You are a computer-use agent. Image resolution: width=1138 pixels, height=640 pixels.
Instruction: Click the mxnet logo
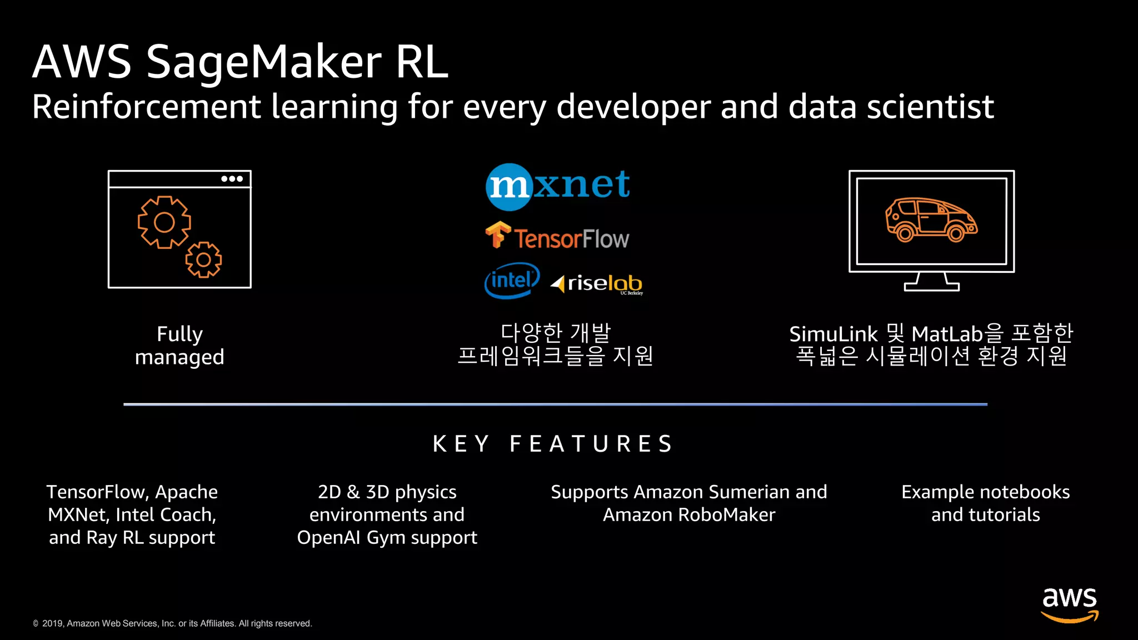[x=558, y=187]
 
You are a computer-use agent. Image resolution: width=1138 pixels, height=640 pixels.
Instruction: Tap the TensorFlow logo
[x=557, y=237]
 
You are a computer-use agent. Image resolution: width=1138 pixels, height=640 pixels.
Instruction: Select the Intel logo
[x=512, y=281]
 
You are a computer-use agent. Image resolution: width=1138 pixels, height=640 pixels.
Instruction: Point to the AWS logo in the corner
[x=1069, y=604]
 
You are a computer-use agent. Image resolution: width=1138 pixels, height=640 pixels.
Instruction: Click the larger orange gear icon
[x=164, y=222]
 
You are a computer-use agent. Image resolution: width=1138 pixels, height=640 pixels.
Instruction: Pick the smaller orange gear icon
[x=203, y=259]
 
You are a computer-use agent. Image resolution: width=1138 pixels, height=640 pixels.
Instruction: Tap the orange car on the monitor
[x=931, y=220]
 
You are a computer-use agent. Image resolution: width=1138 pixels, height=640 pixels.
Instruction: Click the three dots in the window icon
[x=232, y=179]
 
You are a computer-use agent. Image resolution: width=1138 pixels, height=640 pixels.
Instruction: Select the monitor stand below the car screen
[x=931, y=282]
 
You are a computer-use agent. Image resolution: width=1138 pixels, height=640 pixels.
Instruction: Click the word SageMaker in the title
[x=264, y=62]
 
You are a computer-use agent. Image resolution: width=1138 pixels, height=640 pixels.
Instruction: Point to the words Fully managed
[x=179, y=346]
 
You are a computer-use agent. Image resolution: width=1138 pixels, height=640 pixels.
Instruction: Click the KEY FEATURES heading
[x=553, y=444]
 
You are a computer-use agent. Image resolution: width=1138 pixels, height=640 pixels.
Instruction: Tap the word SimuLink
[x=833, y=334]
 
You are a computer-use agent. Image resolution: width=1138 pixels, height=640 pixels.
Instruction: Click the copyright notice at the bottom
[x=172, y=623]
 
